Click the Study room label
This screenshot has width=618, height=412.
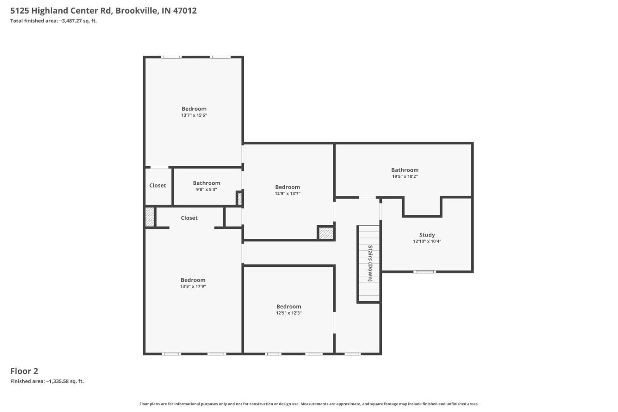[427, 235]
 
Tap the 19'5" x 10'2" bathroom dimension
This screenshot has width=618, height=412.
[405, 177]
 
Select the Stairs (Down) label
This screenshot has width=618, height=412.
[370, 263]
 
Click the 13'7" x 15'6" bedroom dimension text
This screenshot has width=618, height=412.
[194, 115]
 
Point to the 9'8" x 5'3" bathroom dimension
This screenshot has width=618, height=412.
[206, 189]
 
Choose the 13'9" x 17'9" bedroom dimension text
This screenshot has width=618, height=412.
[193, 286]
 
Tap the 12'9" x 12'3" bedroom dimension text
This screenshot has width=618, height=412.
[288, 313]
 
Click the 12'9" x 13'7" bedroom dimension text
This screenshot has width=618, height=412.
[288, 193]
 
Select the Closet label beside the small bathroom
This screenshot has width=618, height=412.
[157, 186]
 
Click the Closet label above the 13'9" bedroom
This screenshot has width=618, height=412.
[189, 218]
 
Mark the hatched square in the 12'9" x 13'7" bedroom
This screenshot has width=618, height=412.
[326, 233]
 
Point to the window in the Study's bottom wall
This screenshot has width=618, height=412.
[424, 272]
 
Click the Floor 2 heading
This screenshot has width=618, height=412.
[24, 371]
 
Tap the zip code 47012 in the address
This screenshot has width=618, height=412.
[185, 10]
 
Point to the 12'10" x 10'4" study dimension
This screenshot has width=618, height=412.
[427, 241]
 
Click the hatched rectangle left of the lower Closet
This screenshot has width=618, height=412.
[150, 217]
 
